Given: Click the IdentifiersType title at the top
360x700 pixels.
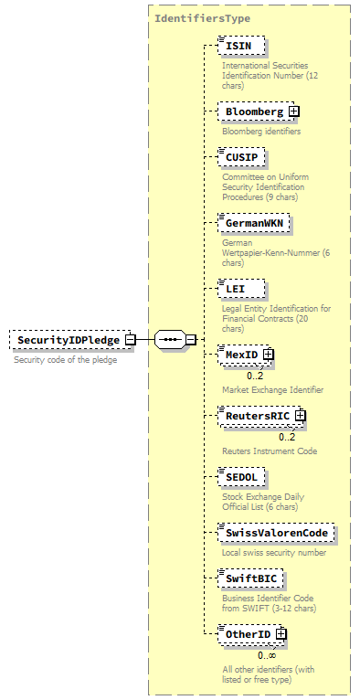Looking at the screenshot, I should click(202, 18).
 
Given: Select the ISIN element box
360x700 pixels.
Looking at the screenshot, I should click(241, 47).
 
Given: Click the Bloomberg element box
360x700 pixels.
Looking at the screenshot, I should click(254, 111).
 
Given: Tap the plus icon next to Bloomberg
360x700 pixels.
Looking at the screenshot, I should click(293, 111).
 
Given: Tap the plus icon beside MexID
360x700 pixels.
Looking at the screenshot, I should click(269, 354).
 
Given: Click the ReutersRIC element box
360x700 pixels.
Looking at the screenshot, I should click(256, 416).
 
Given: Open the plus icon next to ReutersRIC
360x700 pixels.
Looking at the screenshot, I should click(299, 416).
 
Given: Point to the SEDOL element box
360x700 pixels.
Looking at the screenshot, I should click(243, 477).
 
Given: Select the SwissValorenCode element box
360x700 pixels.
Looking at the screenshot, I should click(277, 533).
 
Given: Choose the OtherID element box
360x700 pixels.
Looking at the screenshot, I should click(247, 634).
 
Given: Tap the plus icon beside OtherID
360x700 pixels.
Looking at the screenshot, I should click(281, 634).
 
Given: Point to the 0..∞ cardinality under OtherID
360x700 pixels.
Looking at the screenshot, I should click(266, 654).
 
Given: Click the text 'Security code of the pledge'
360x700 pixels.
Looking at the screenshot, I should click(66, 360).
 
